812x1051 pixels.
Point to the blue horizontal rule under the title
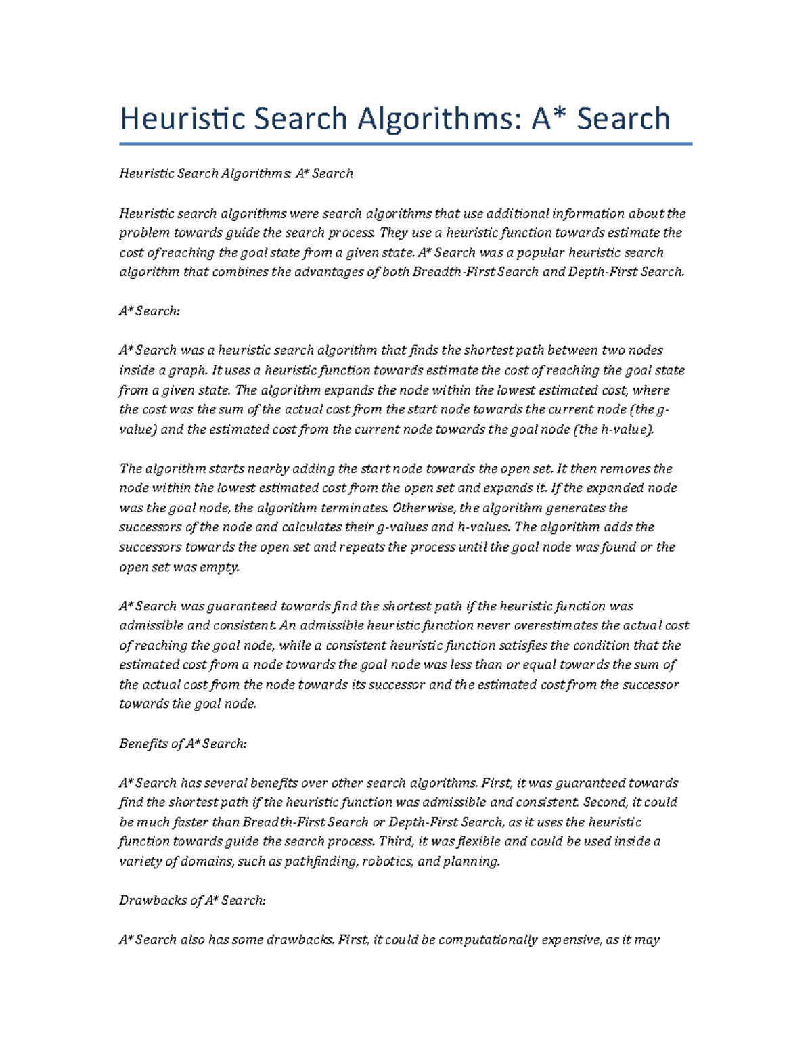(x=405, y=143)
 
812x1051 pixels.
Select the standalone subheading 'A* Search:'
(x=149, y=311)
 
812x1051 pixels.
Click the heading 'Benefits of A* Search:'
(x=183, y=744)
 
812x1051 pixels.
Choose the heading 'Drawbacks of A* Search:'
(x=192, y=901)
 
